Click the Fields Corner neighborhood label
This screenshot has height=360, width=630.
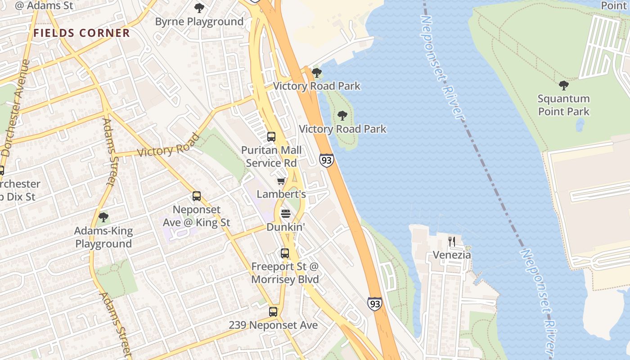tap(81, 33)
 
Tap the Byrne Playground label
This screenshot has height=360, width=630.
tap(199, 22)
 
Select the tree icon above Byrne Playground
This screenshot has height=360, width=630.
tap(199, 8)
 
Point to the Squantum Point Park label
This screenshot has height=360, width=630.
tap(563, 105)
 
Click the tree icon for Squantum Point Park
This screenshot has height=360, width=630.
tap(563, 85)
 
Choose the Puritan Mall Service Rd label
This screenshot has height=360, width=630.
tap(271, 156)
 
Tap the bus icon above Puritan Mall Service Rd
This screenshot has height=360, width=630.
tap(271, 137)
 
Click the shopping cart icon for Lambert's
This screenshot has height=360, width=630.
tap(281, 181)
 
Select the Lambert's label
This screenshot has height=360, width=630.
tap(281, 194)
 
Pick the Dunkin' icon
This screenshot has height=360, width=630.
tap(286, 214)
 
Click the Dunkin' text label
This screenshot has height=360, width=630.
tap(286, 227)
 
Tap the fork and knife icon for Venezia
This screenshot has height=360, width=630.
tap(451, 242)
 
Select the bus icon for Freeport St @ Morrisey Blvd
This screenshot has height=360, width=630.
tap(284, 253)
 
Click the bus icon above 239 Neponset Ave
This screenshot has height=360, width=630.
tap(273, 311)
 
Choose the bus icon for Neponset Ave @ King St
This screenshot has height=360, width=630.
tap(197, 196)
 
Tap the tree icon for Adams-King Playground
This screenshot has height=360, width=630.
tap(103, 218)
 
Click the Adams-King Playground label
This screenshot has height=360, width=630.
tap(103, 237)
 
